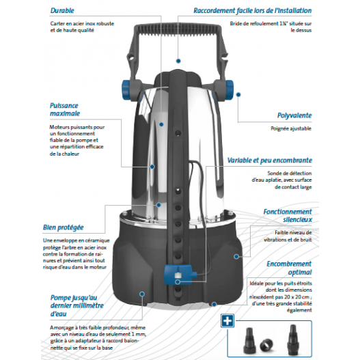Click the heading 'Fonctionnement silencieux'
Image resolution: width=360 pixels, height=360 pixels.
coord(287,216)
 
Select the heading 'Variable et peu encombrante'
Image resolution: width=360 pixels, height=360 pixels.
coord(269,161)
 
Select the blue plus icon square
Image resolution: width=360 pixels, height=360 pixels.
coord(227,322)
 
